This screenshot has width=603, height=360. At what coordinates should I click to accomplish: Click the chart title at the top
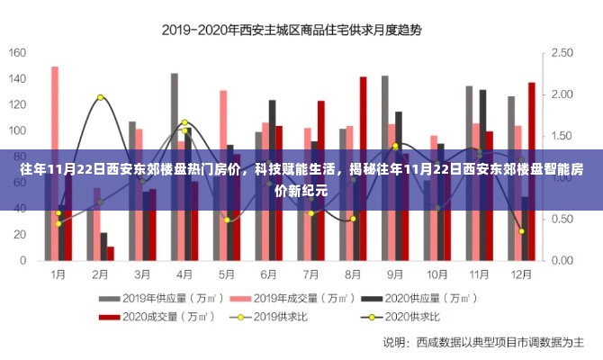click(291, 29)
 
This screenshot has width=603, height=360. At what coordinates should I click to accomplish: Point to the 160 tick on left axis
click(18, 52)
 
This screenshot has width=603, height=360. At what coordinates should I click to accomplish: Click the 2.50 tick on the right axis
click(562, 52)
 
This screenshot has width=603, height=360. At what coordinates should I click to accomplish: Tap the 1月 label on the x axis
click(58, 274)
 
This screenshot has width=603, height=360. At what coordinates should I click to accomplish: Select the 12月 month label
click(520, 274)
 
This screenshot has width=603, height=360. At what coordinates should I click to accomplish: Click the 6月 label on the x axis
click(268, 274)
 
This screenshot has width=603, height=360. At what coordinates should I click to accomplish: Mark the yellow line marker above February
click(100, 97)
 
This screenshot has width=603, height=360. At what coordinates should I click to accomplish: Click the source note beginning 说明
click(484, 343)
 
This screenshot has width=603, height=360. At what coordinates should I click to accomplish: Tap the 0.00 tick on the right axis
click(562, 260)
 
